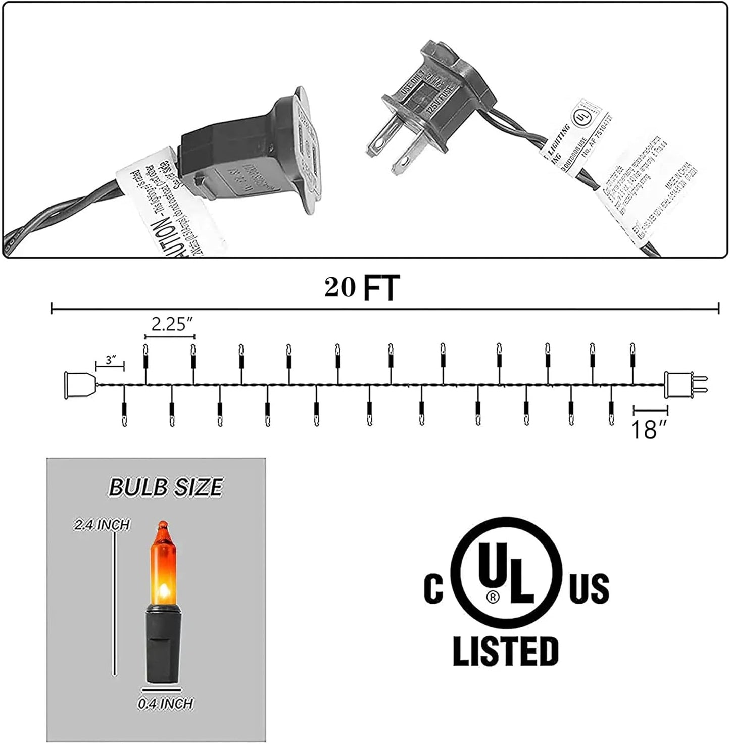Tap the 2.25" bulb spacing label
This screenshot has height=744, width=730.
170,324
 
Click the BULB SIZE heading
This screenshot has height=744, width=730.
165,487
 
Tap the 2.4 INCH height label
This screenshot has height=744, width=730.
102,525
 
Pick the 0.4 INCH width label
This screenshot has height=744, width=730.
165,703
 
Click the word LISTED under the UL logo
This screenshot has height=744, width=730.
505,651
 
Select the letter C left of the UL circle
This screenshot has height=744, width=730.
433,589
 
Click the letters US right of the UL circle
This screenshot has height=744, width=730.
589,589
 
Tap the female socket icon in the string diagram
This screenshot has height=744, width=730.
80,384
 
